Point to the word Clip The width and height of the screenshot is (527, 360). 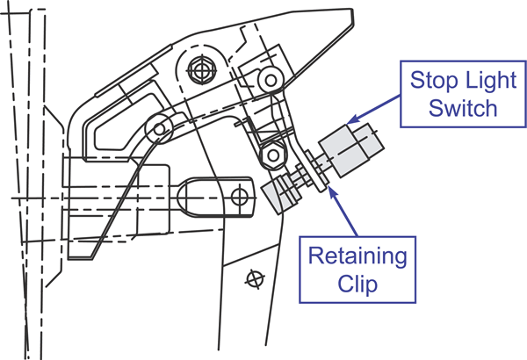coord(357,286)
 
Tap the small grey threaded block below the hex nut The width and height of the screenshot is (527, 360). coord(283,193)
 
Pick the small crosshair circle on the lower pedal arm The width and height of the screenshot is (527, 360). coord(256,279)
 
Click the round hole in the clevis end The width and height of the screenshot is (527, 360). coord(238,195)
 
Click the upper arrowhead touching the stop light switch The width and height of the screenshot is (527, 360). coord(348,120)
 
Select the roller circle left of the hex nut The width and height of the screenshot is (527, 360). coord(160,129)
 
